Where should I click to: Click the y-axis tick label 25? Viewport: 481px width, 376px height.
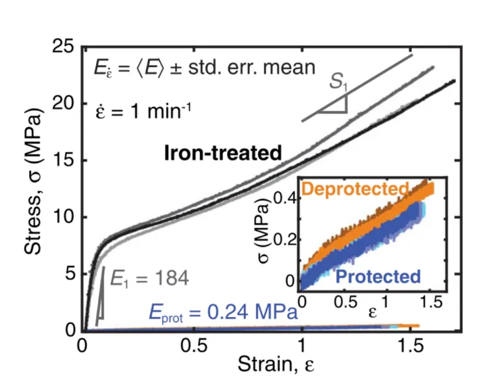pyautogui.click(x=66, y=48)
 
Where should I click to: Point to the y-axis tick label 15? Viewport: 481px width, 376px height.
pyautogui.click(x=66, y=161)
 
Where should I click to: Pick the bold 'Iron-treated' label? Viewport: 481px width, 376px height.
pyautogui.click(x=223, y=153)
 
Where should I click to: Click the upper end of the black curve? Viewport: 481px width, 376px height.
pyautogui.click(x=453, y=82)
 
